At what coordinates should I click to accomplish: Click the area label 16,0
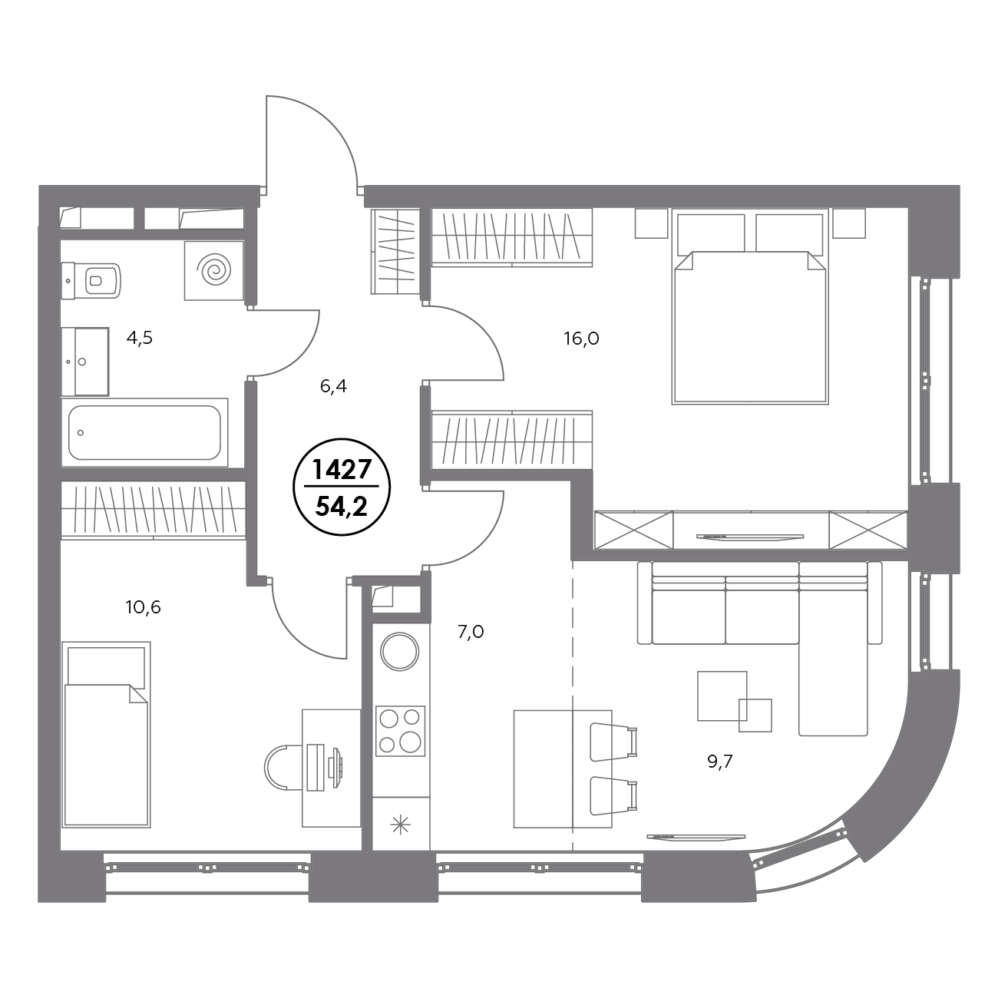coord(581,339)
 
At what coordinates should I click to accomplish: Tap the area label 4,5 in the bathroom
coord(139,339)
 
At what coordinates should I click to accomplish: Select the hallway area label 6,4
coord(333,386)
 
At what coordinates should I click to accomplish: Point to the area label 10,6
coord(143,607)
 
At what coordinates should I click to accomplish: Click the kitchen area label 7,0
coord(471,632)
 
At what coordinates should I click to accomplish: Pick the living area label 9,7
coord(720,762)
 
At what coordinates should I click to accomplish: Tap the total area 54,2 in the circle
coord(342,507)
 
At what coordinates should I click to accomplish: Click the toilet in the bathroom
coord(91,281)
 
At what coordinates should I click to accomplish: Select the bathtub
coord(144,432)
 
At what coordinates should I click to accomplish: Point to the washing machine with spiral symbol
coord(214,270)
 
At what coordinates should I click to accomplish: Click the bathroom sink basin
coord(85,362)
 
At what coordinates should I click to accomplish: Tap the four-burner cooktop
coord(400,731)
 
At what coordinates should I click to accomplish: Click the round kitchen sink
coord(399,652)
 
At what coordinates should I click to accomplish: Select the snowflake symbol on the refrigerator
coord(400,825)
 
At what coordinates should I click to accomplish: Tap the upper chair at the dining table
coord(613,742)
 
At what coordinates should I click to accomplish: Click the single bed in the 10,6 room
coord(106,735)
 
